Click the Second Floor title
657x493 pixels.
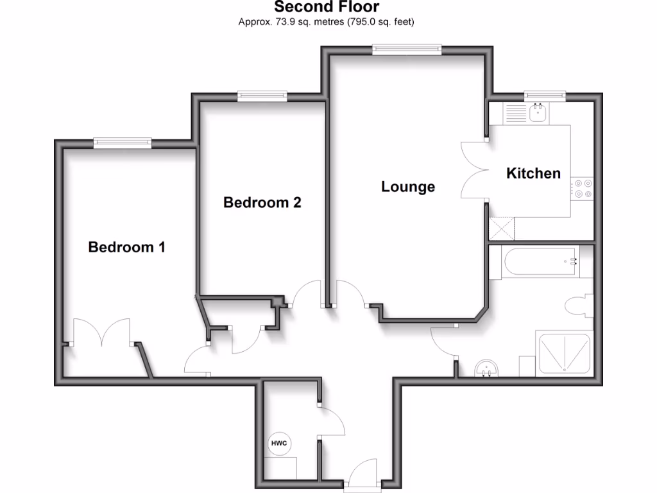(327, 8)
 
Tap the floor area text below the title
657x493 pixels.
(327, 22)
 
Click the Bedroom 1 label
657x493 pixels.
(126, 247)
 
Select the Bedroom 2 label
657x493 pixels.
(262, 203)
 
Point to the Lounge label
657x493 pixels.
(408, 187)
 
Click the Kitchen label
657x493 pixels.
(533, 173)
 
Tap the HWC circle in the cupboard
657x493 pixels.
(278, 444)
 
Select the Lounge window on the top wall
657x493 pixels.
(407, 49)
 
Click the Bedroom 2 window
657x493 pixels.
(262, 96)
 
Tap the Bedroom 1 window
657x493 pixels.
(122, 143)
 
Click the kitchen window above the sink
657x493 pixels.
(545, 96)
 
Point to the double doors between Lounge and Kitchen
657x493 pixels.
(474, 171)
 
